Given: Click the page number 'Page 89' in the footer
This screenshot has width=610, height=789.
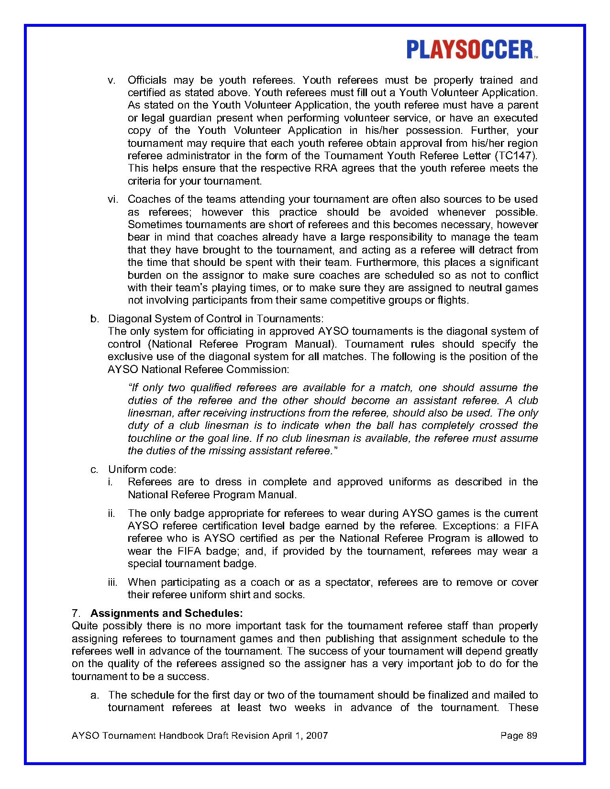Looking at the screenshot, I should click(x=519, y=735).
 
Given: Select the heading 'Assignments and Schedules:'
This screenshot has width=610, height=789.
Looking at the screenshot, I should click(x=166, y=613).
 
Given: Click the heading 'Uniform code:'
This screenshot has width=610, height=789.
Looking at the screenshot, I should click(x=142, y=469).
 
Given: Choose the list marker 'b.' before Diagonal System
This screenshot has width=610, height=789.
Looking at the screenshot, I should click(x=94, y=318).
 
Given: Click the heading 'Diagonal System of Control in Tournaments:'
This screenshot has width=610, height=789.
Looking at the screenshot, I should click(x=216, y=318).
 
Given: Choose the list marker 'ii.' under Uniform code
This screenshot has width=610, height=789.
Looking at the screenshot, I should click(x=111, y=514).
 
